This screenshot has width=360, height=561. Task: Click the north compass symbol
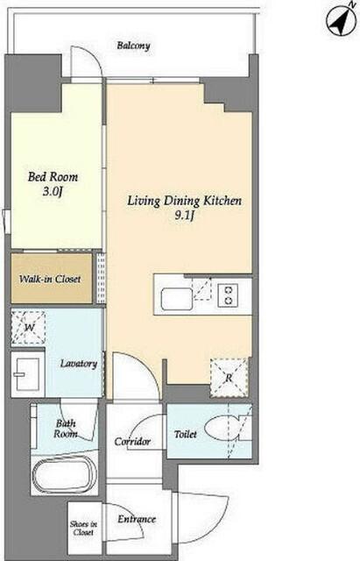click(341, 21)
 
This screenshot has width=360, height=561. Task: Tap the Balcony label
click(133, 46)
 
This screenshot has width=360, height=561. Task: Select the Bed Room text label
click(53, 177)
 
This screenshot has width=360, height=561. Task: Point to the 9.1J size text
click(185, 217)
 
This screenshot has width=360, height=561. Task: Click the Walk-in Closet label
click(50, 279)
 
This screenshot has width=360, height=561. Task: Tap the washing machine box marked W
click(29, 328)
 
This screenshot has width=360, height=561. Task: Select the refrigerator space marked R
click(229, 378)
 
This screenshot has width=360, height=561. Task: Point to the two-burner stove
click(229, 295)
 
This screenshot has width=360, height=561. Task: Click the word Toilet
click(186, 435)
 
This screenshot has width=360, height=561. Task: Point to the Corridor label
click(132, 442)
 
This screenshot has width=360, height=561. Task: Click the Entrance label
click(137, 519)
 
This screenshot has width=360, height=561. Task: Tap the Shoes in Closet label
click(84, 528)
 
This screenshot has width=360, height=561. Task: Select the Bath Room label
click(66, 429)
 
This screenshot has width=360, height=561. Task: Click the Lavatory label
click(78, 364)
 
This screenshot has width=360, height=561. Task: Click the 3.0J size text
click(53, 191)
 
